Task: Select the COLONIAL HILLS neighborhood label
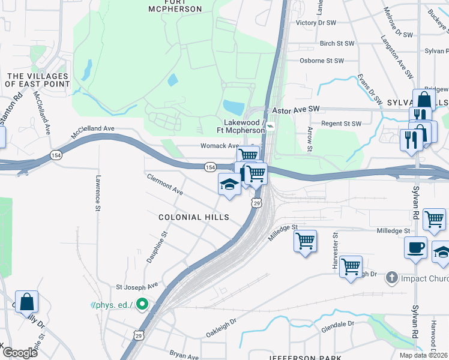click(x=194, y=217)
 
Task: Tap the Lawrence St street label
click(x=97, y=193)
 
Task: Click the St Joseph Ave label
click(x=136, y=286)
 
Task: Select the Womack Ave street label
click(x=220, y=146)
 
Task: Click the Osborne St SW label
click(x=322, y=61)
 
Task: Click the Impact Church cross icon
click(x=391, y=278)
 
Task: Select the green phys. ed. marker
click(x=142, y=305)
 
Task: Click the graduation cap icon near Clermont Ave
click(x=229, y=185)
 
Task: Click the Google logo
click(x=20, y=353)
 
